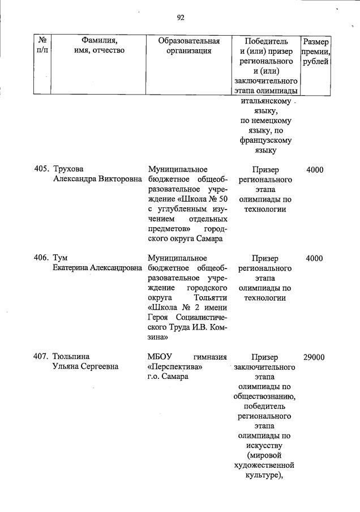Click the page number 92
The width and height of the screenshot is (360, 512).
(181, 18)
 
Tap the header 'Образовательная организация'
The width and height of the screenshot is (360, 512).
(188, 46)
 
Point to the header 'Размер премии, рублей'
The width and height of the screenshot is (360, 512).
(315, 52)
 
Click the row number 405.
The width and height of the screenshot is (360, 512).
(41, 169)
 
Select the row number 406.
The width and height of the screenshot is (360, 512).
(41, 258)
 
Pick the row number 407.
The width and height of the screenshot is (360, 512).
(41, 357)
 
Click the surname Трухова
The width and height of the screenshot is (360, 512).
(68, 169)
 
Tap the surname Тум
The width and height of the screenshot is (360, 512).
(61, 258)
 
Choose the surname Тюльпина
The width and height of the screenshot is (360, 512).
(72, 357)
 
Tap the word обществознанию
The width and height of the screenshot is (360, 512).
(264, 396)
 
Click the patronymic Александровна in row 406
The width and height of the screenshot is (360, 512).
(113, 267)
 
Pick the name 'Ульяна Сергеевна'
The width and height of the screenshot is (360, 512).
(85, 366)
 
